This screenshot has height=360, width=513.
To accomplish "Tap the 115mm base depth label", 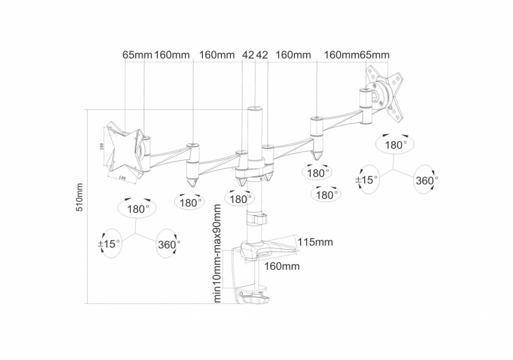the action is click(315, 242).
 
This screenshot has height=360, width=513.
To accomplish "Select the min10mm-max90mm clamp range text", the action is click(217, 253).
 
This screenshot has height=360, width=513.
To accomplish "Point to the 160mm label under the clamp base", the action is click(282, 266).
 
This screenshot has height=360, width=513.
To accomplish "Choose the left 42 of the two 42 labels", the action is click(248, 55).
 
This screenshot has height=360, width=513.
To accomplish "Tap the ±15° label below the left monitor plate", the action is click(109, 244).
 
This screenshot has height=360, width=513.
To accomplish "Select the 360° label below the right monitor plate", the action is click(425, 180).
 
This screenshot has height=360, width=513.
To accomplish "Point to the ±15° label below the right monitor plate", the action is click(367, 180).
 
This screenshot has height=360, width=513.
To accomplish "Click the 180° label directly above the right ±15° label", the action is click(396, 145).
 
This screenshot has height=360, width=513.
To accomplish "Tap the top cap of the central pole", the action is click(254, 109).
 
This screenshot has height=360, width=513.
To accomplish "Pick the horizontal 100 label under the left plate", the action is click(121, 177).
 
